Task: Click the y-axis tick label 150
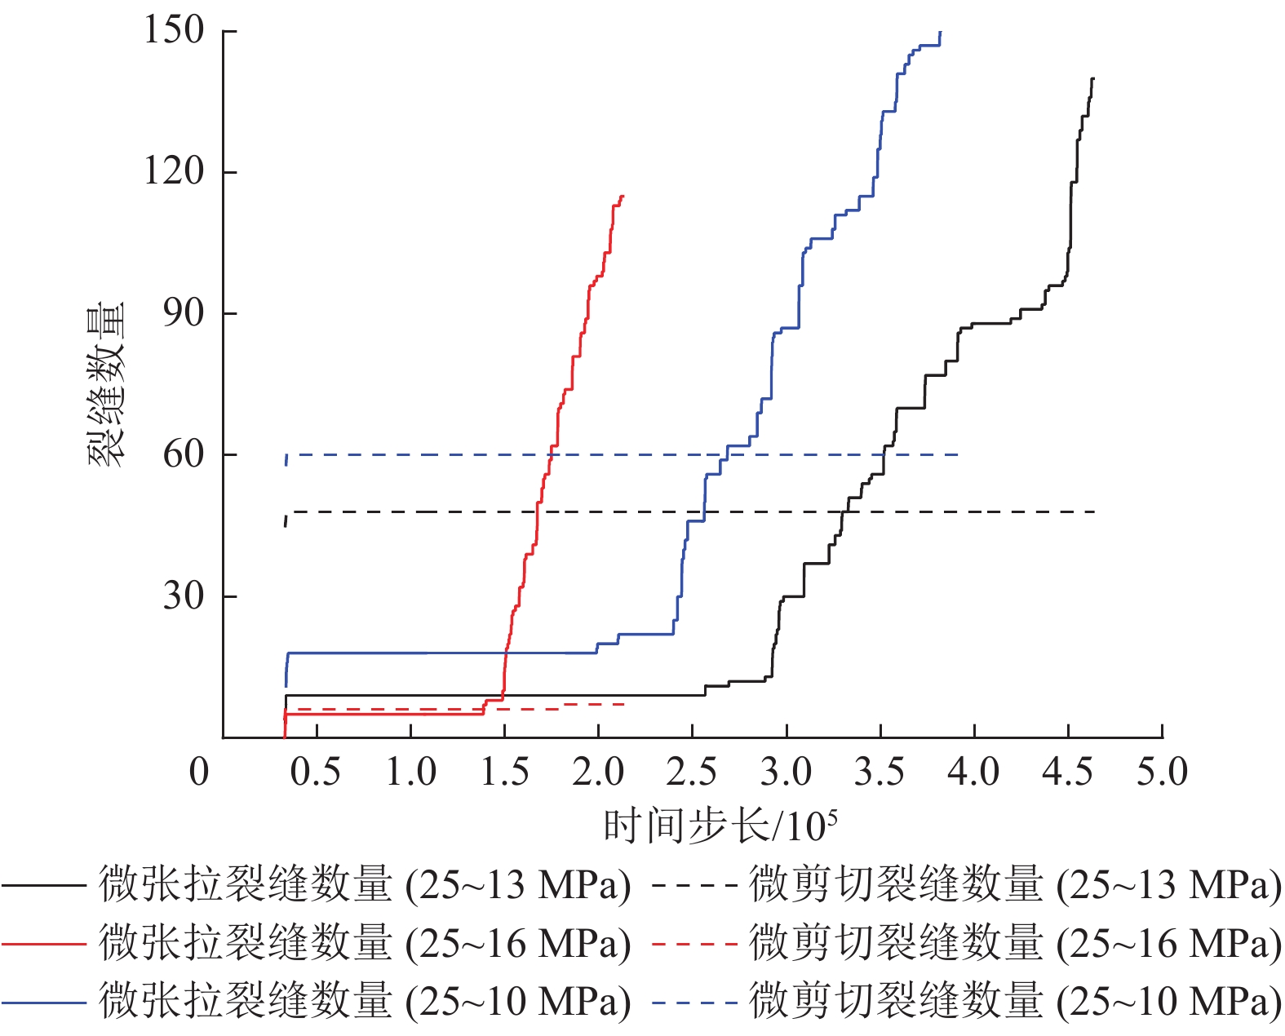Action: tap(174, 30)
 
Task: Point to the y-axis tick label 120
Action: tap(174, 171)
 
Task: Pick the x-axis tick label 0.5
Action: tap(316, 772)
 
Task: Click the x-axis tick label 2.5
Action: tap(692, 772)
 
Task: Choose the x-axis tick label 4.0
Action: tap(974, 772)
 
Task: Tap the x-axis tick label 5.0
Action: tap(1162, 772)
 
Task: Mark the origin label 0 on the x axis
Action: tap(199, 772)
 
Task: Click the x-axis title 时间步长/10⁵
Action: tap(720, 826)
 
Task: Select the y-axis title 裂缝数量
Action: tap(107, 385)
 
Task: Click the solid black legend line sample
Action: tap(44, 885)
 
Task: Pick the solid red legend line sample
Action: tap(44, 944)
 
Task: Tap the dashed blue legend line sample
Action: tap(694, 1002)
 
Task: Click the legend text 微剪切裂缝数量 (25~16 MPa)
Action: tap(1015, 944)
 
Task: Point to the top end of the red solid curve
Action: tap(623, 196)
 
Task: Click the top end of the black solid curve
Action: tap(1093, 78)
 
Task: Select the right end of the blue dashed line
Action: tap(958, 454)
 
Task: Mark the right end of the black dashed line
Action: tap(1094, 511)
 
